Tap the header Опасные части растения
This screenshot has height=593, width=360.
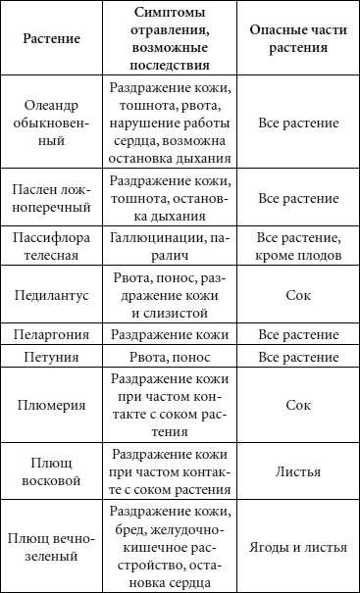(298, 43)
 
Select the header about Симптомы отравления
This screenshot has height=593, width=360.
(170, 43)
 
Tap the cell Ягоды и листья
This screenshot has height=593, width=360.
(298, 547)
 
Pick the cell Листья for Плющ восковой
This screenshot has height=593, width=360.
(298, 470)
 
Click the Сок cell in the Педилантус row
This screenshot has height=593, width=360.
(298, 294)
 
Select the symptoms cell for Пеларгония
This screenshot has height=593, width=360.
(169, 334)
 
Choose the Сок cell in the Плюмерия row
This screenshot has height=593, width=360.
(298, 405)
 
